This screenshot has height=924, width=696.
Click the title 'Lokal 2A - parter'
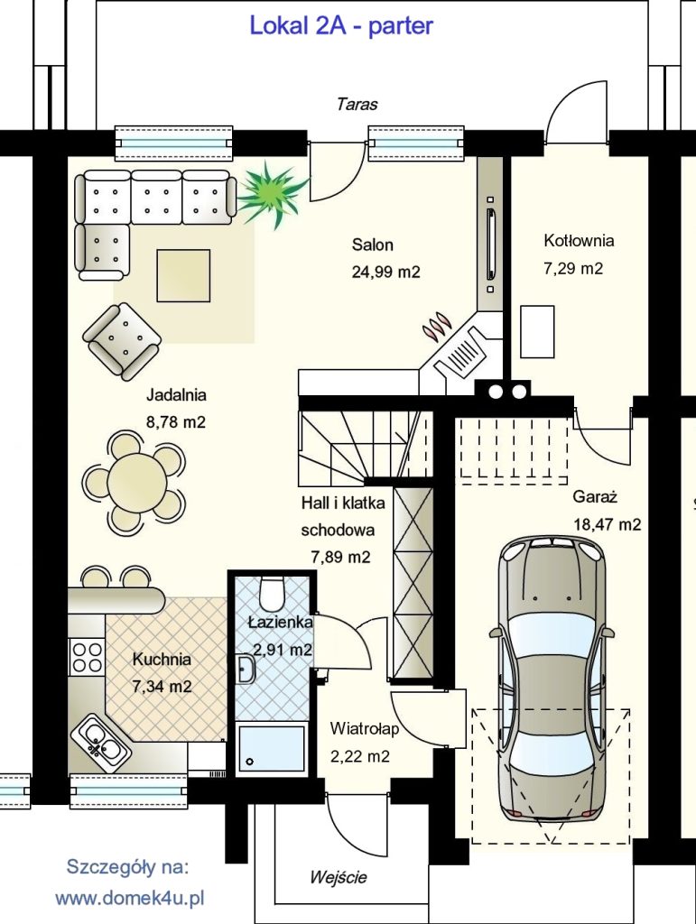pos(341,26)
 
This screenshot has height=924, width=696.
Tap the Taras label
pos(357,105)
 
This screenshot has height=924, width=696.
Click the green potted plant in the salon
pos(273,194)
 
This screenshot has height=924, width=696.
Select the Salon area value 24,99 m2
pos(386,272)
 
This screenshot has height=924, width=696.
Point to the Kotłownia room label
pos(579,240)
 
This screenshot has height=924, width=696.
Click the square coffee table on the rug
pos(183,275)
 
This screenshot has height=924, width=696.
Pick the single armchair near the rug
pos(123,340)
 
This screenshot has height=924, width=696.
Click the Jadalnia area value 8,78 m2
pos(176,422)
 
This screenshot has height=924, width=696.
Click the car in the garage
pos(552,678)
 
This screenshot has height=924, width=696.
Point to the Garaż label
pos(595,497)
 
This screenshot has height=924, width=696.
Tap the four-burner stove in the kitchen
pos(87,657)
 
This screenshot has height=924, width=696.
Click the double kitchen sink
pos(100,744)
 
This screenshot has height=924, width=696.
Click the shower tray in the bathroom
pos(271,750)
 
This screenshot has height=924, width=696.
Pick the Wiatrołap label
pos(364,728)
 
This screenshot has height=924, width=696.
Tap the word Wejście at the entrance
pos(339,877)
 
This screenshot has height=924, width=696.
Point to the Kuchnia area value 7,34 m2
pos(162,687)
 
